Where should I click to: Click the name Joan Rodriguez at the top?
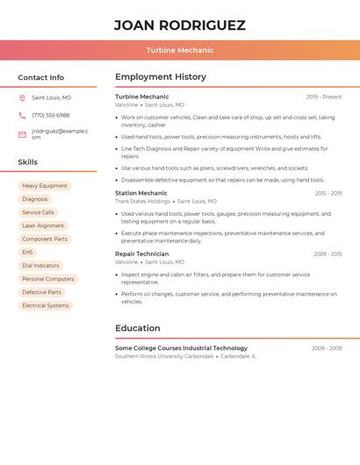click(x=179, y=25)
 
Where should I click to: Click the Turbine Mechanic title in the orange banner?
click(x=179, y=50)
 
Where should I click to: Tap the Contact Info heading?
click(x=40, y=77)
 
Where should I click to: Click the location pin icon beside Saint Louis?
click(x=22, y=97)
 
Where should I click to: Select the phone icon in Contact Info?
click(x=22, y=115)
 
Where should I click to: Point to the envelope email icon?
click(x=22, y=134)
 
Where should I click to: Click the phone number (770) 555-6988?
click(x=50, y=115)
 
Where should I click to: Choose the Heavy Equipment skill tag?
click(x=45, y=186)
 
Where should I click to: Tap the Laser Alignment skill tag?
click(x=43, y=225)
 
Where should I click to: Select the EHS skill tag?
click(x=28, y=252)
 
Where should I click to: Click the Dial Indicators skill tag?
click(x=40, y=265)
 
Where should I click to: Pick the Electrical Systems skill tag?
click(x=45, y=305)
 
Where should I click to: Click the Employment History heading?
click(x=160, y=77)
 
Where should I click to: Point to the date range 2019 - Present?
click(x=324, y=97)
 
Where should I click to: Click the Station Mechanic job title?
click(x=140, y=193)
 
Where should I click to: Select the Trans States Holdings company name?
click(x=142, y=201)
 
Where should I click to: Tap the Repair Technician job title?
click(x=141, y=254)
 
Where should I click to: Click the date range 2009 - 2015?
click(x=328, y=254)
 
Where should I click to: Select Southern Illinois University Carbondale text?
click(x=164, y=356)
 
